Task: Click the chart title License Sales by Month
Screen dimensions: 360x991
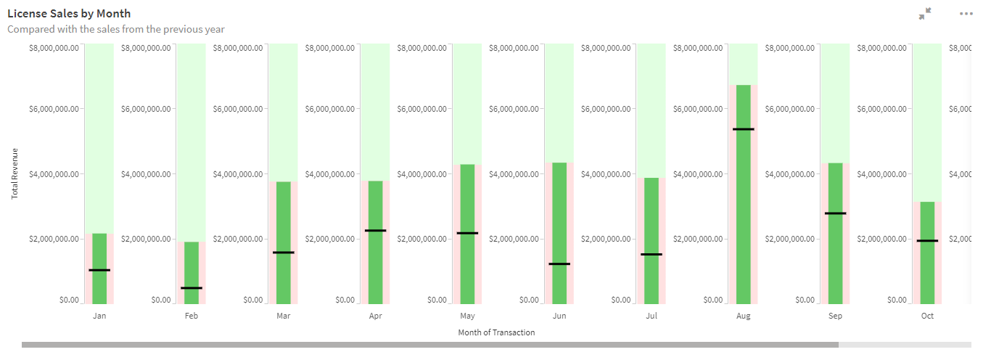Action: (x=69, y=14)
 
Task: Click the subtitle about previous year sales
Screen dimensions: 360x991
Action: (x=116, y=30)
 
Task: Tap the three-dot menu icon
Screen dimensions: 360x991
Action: (x=966, y=14)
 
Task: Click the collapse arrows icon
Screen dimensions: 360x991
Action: (x=924, y=14)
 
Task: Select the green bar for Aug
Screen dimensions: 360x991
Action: (x=743, y=196)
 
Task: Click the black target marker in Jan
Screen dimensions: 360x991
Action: (x=99, y=270)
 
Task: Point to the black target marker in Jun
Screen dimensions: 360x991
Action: (x=559, y=263)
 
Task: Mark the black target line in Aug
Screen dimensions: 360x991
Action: (x=743, y=129)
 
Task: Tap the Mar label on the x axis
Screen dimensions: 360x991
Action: (x=284, y=316)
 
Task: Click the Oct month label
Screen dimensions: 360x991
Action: (x=927, y=316)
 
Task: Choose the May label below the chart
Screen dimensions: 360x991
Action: (x=467, y=316)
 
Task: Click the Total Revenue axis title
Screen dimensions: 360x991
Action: (x=15, y=174)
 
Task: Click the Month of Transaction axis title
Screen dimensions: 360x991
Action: (x=496, y=332)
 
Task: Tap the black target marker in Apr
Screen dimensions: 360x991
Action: (x=375, y=230)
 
